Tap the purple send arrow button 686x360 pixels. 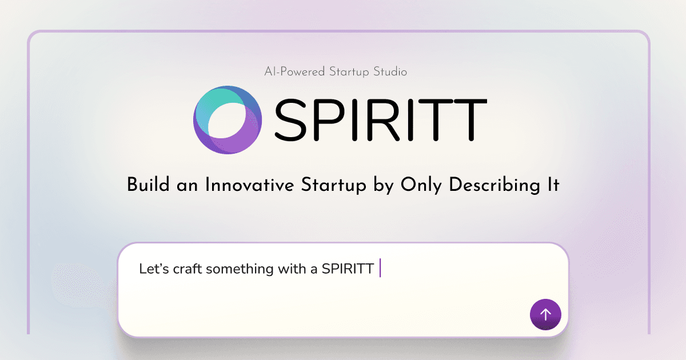point(545,314)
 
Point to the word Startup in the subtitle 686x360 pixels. point(350,72)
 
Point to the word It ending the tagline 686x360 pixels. point(552,185)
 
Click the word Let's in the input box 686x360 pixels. point(153,269)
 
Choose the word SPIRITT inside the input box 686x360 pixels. point(348,269)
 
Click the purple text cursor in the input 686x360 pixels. point(380,268)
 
